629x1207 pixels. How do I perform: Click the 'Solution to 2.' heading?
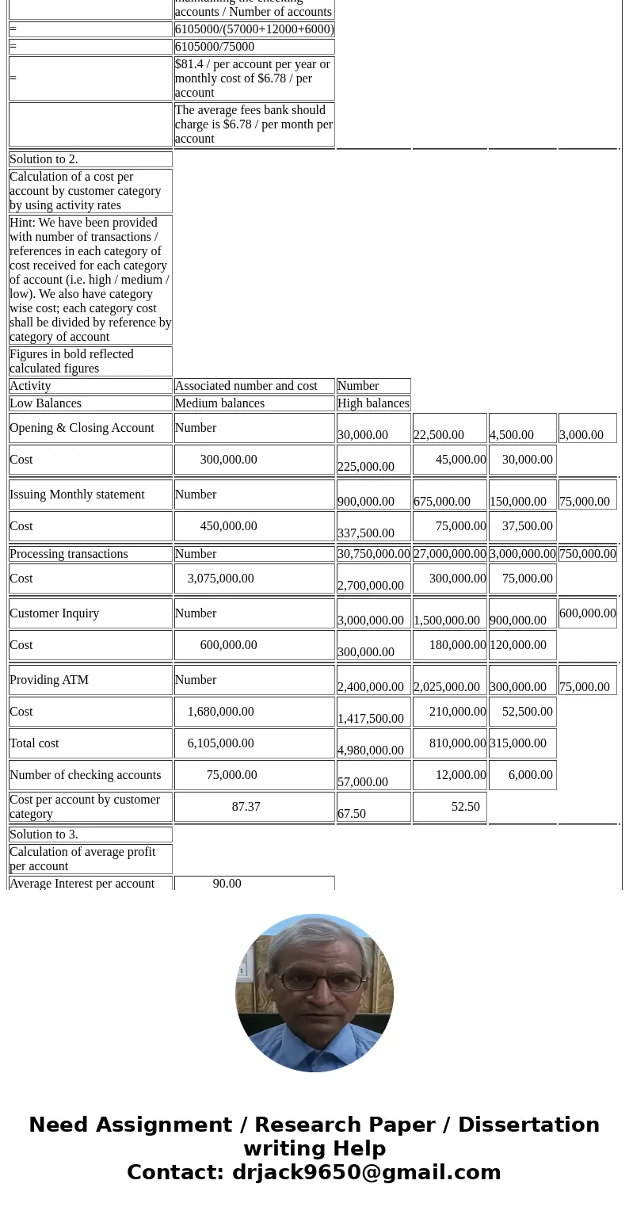click(44, 159)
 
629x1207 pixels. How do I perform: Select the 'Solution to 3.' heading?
click(44, 835)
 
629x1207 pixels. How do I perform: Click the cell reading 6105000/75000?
click(215, 47)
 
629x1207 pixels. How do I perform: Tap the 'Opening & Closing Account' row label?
click(82, 428)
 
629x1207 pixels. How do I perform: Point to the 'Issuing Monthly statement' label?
click(77, 495)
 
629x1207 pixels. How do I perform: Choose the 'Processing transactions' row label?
click(69, 554)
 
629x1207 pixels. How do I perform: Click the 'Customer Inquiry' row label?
click(54, 613)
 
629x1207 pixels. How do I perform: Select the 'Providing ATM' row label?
click(49, 680)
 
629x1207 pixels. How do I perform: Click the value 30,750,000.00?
click(373, 554)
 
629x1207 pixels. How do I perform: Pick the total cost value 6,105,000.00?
click(220, 743)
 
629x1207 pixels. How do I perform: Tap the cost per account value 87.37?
click(246, 807)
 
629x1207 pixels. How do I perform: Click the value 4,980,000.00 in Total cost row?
click(371, 750)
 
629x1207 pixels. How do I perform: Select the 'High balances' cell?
click(373, 403)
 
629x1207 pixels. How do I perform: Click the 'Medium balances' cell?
click(219, 403)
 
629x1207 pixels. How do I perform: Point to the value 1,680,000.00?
click(220, 712)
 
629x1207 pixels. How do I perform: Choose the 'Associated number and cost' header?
click(246, 386)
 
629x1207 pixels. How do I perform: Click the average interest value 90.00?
click(227, 884)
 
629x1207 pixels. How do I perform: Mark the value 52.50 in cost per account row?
click(465, 807)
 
